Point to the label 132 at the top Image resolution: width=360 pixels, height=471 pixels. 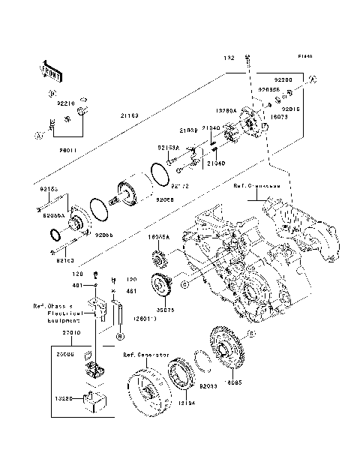229,58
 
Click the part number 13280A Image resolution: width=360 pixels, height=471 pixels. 226,110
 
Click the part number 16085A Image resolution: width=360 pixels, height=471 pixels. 158,236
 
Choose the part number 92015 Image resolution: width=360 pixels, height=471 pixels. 291,109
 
